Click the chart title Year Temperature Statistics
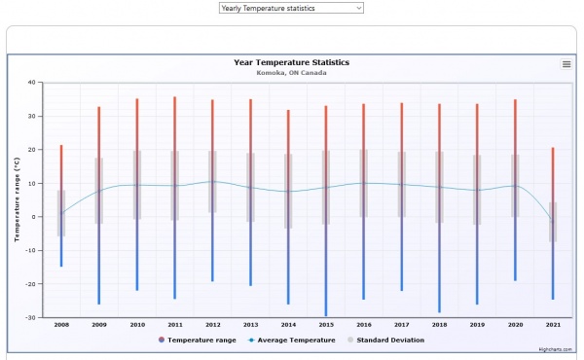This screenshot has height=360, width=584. click(291, 62)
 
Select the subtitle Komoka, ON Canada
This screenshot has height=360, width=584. click(291, 73)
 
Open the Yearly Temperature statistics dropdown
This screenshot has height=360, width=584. click(291, 8)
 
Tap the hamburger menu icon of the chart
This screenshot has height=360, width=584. click(566, 64)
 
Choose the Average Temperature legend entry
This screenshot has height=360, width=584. click(293, 340)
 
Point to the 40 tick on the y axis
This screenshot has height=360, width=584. click(32, 83)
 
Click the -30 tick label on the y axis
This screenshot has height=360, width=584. click(30, 317)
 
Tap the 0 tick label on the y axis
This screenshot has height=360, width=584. click(34, 217)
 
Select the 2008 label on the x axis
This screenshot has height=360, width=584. click(61, 325)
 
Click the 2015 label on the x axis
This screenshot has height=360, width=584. click(326, 325)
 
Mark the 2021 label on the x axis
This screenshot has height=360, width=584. click(553, 325)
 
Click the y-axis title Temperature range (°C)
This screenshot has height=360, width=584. click(17, 199)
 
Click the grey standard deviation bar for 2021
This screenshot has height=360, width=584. click(553, 222)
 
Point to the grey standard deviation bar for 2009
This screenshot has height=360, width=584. click(99, 191)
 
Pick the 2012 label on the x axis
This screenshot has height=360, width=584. click(212, 325)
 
